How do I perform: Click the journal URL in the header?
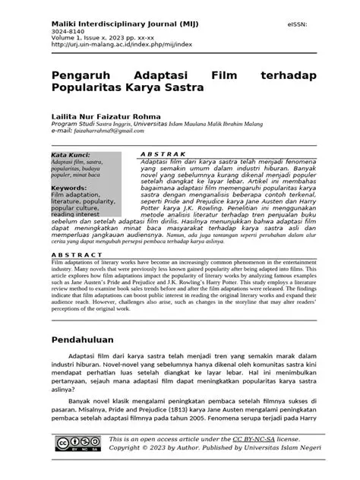(x=122, y=45)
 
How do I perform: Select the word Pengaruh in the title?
(x=80, y=77)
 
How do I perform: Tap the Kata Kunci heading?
(x=70, y=155)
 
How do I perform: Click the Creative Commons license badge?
(x=77, y=445)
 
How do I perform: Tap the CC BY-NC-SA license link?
(x=254, y=440)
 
